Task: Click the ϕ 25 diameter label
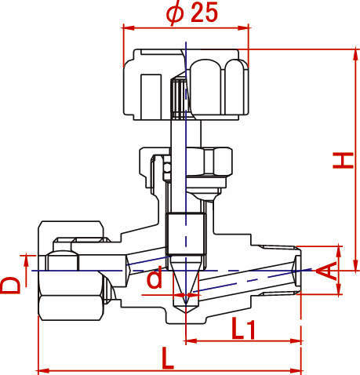[192, 13]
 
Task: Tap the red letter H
[343, 160]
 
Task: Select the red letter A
[326, 271]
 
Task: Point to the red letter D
[10, 286]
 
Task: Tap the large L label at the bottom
[168, 358]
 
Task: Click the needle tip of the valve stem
[186, 304]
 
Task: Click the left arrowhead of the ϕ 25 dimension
[129, 27]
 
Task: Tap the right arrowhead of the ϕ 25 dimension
[243, 27]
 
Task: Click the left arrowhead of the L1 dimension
[191, 341]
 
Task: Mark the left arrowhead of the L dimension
[44, 370]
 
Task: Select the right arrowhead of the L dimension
[296, 370]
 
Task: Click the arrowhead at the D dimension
[26, 260]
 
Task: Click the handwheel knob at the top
[186, 84]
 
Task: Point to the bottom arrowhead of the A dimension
[339, 289]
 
